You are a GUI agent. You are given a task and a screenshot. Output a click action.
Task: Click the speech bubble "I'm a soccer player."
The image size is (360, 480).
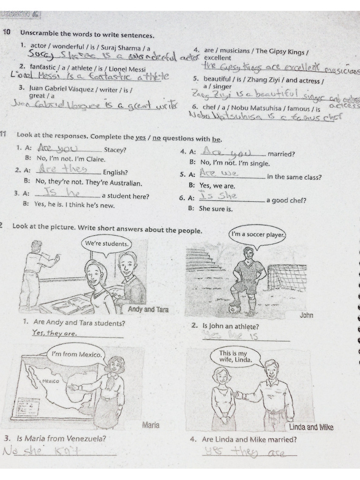(257, 235)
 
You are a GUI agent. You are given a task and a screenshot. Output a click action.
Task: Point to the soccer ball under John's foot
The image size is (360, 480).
(235, 308)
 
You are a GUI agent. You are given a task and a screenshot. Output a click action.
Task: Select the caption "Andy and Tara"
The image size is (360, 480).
(148, 310)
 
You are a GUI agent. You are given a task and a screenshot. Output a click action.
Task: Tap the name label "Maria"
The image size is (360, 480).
(150, 425)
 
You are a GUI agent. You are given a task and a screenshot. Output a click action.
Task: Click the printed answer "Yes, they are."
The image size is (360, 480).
(54, 333)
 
